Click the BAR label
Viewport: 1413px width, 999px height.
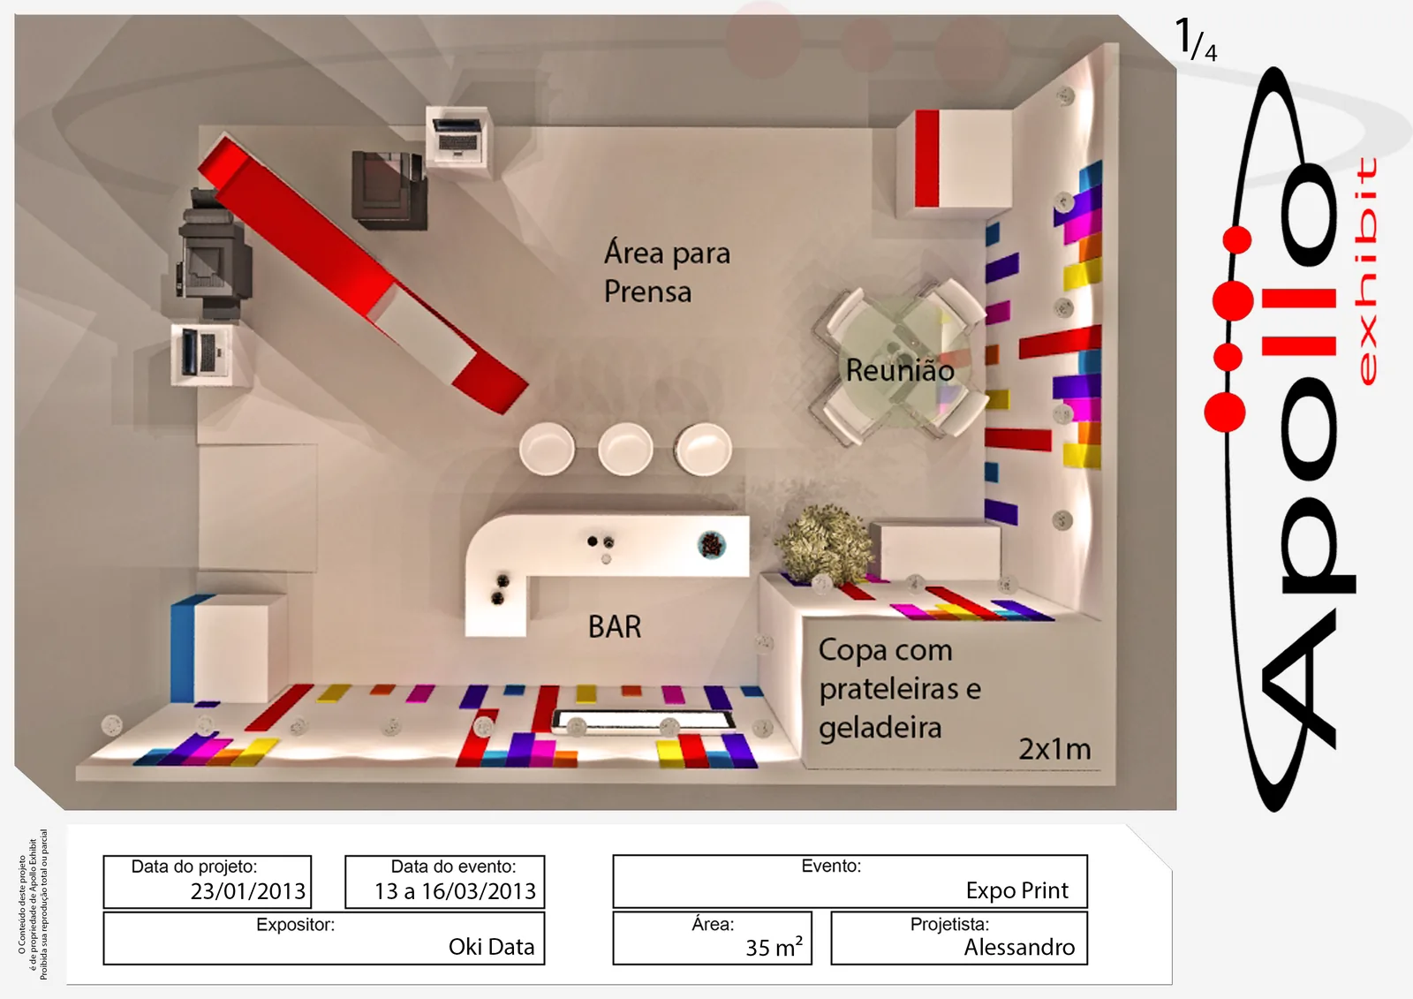tap(615, 626)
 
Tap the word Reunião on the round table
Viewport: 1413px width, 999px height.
tap(900, 370)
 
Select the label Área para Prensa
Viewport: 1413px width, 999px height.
tap(667, 271)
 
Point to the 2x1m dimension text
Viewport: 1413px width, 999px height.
tap(1054, 749)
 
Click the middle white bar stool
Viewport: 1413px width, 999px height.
tap(625, 449)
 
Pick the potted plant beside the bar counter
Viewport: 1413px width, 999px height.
tap(825, 544)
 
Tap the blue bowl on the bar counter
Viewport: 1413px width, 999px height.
tap(712, 544)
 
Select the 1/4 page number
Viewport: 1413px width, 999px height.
tap(1196, 40)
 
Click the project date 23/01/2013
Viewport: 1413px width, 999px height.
tap(248, 891)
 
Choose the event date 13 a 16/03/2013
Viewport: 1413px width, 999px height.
tap(455, 891)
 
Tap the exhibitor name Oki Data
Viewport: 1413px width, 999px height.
tap(491, 947)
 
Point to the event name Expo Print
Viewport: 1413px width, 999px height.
tap(1016, 890)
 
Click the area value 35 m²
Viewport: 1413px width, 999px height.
tap(774, 946)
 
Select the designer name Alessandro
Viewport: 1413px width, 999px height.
tap(1019, 947)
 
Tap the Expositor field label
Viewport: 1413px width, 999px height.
tap(295, 925)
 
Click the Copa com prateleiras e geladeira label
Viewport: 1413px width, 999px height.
tap(900, 688)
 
